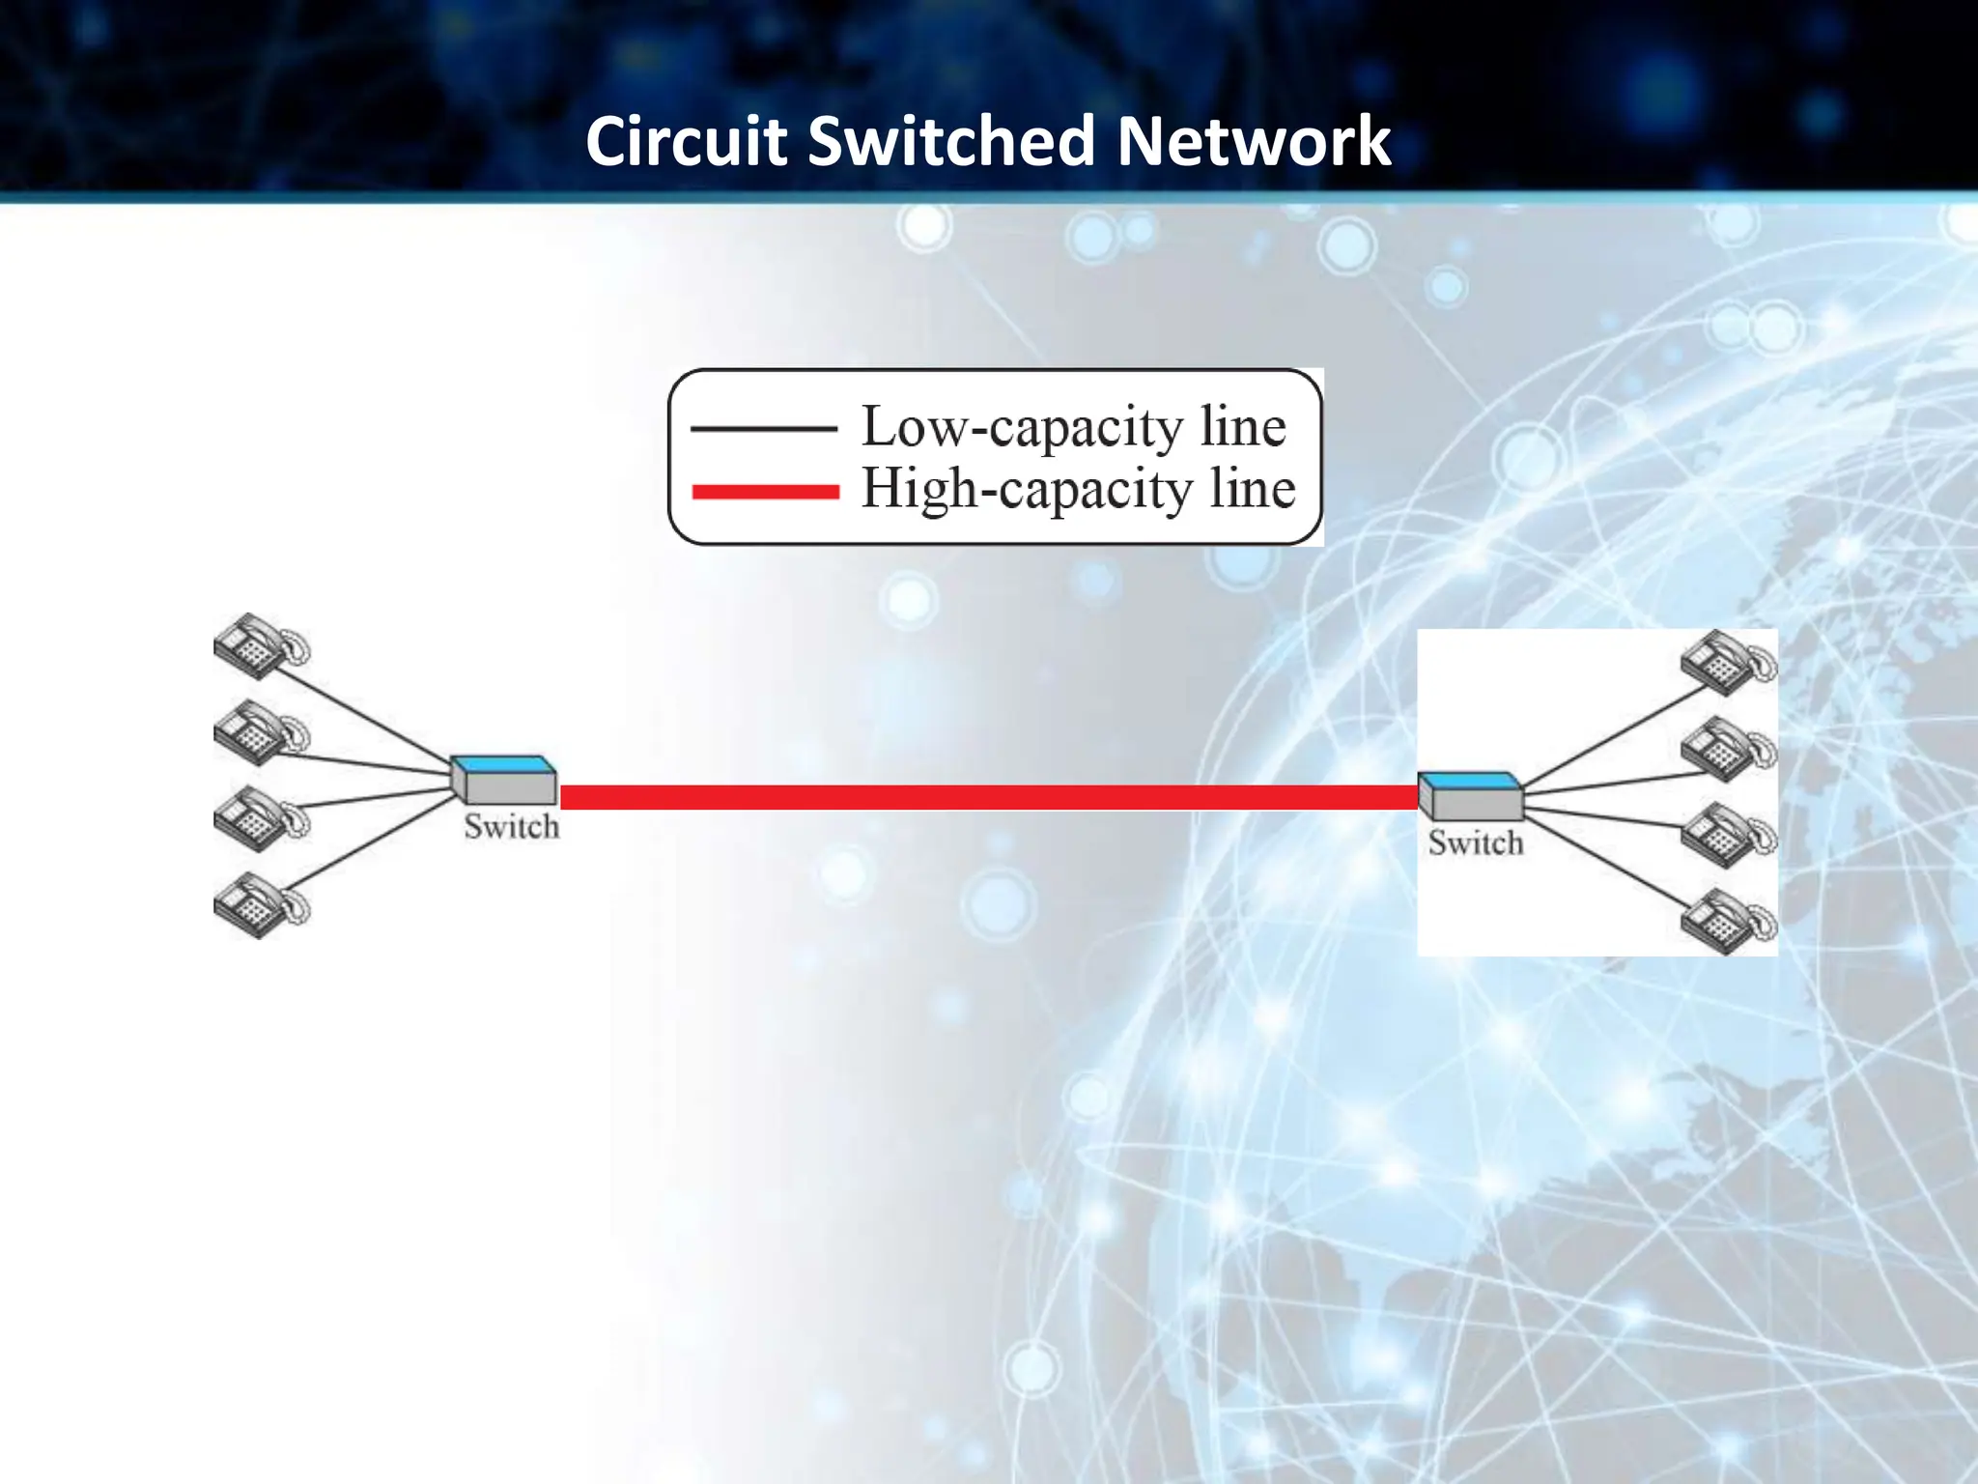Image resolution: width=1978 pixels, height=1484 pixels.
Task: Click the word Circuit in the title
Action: [x=687, y=141]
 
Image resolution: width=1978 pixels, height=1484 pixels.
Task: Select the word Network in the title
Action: [x=1253, y=141]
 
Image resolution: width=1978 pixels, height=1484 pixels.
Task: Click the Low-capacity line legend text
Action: [x=1073, y=426]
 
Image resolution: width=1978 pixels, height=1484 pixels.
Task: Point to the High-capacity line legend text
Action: [x=1078, y=488]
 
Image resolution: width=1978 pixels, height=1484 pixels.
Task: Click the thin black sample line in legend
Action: [x=763, y=428]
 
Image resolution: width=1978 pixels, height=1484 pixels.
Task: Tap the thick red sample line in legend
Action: [x=765, y=492]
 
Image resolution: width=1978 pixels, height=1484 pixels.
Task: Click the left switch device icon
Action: [x=504, y=780]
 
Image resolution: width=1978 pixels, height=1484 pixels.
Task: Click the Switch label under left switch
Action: [x=511, y=827]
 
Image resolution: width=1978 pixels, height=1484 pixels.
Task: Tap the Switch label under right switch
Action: [x=1476, y=843]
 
